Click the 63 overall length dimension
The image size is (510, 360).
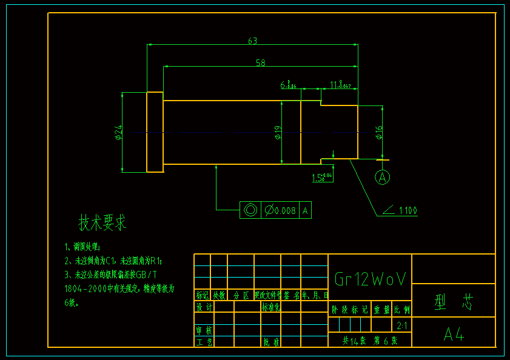[252, 41]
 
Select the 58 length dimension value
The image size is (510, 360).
[260, 62]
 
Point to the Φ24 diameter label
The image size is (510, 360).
[119, 132]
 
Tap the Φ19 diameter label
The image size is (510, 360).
[277, 133]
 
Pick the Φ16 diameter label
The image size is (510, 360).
[378, 133]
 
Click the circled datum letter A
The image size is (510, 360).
[381, 177]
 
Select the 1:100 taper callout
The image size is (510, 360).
[407, 211]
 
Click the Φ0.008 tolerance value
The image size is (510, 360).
[280, 210]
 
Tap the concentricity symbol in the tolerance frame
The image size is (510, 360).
[250, 210]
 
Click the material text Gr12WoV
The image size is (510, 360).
[370, 278]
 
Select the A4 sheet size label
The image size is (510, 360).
[454, 334]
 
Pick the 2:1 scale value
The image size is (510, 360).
[401, 326]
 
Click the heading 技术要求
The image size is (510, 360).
[102, 222]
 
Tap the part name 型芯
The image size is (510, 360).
[453, 302]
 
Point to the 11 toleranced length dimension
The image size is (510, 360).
[340, 84]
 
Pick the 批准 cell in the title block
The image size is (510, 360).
[271, 342]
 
